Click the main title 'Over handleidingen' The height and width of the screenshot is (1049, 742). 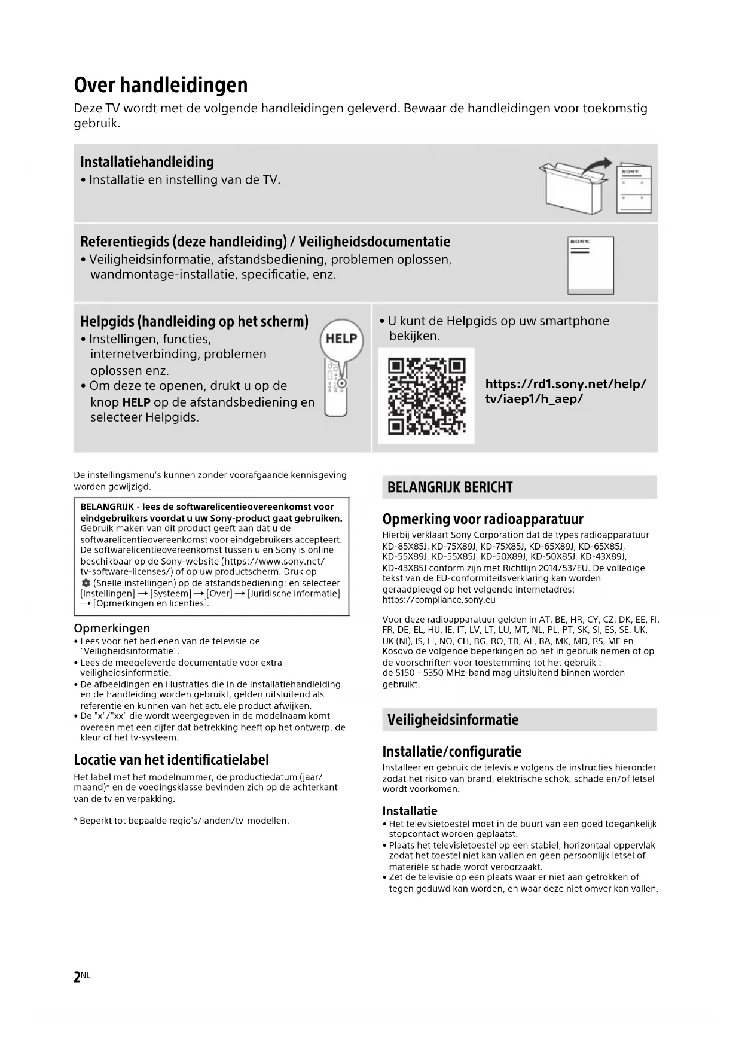160,85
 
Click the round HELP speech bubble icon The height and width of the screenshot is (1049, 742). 341,339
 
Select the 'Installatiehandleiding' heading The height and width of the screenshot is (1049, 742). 146,162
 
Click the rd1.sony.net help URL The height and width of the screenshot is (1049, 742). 565,391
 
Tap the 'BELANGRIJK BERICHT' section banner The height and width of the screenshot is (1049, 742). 450,487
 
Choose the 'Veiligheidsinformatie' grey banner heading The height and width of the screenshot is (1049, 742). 453,719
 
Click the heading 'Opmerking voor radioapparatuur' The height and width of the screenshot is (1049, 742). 483,519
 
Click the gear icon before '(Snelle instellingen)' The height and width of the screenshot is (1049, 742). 86,583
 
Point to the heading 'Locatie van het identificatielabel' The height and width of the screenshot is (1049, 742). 171,760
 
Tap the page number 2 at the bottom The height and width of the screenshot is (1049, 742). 77,977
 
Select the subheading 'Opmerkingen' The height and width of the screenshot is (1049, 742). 112,628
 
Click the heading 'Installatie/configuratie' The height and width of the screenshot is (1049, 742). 451,751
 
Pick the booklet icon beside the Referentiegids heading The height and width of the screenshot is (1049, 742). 590,266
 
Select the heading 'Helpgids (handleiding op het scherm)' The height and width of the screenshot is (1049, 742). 194,322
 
